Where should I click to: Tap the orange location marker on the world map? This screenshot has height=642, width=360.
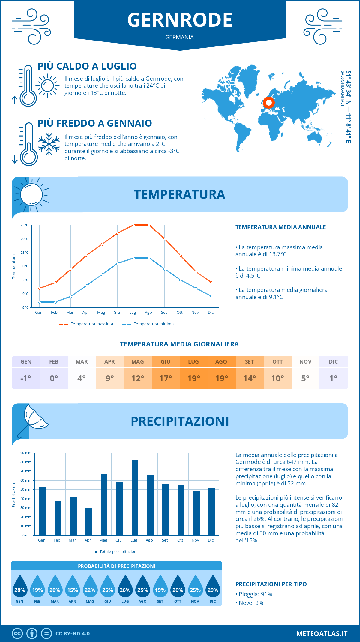[269, 103]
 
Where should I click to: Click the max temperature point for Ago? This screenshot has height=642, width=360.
[149, 225]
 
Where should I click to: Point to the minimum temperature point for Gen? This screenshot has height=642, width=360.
[40, 302]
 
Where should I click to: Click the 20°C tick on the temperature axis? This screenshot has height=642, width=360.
[25, 239]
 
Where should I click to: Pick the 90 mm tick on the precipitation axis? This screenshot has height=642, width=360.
[26, 453]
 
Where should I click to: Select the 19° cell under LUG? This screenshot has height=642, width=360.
[193, 378]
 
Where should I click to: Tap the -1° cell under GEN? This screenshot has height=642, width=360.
[26, 378]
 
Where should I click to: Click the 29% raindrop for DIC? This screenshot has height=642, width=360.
[213, 588]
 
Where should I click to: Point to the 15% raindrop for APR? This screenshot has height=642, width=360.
[72, 588]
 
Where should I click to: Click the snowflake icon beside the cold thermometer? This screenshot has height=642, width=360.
[49, 144]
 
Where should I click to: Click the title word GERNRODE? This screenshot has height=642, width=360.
[180, 20]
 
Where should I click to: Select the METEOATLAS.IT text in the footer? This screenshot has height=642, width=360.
[322, 634]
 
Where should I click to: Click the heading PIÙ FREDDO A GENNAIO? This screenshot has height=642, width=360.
[95, 123]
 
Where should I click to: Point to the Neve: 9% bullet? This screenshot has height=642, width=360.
[249, 603]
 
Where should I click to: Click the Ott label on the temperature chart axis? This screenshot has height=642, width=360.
[180, 313]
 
